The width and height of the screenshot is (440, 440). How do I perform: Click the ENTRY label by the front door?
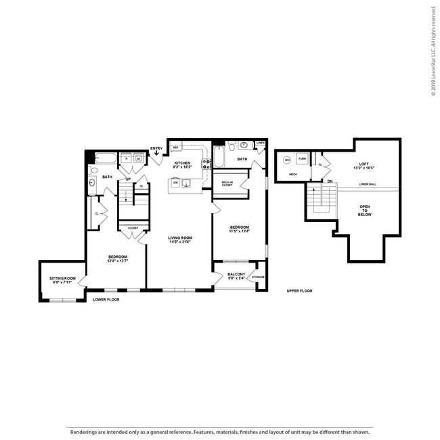[x=156, y=148]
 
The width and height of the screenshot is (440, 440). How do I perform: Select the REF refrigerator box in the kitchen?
[x=175, y=147]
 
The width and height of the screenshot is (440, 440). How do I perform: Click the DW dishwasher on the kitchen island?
[x=175, y=183]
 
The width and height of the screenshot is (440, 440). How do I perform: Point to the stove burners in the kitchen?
[x=205, y=162]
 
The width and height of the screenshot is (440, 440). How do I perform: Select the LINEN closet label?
[x=260, y=144]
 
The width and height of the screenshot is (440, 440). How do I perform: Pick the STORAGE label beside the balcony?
[x=258, y=278]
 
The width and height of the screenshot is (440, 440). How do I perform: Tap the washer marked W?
[x=138, y=160]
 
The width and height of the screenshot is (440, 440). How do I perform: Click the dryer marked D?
[x=125, y=160]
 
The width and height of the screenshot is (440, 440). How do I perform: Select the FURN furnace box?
[x=303, y=159]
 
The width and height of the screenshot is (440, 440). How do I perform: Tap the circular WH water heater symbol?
[x=287, y=160]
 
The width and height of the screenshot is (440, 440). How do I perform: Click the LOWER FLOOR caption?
[x=106, y=299]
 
